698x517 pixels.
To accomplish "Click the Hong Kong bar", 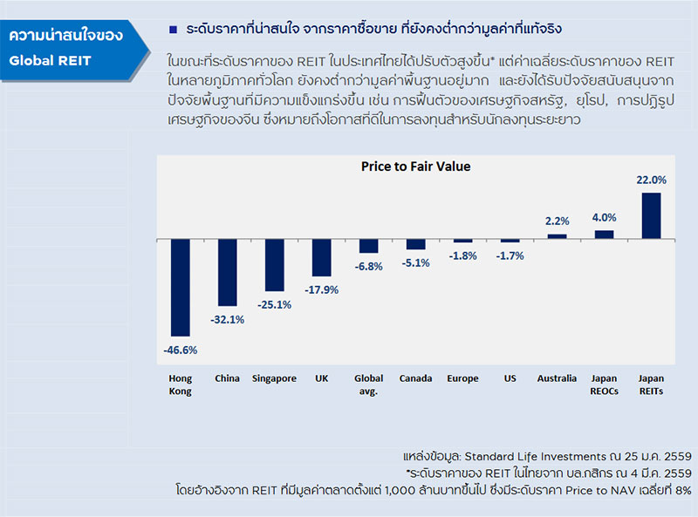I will (180, 287).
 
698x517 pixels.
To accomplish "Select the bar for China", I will (227, 272).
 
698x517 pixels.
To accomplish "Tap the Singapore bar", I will (274, 265).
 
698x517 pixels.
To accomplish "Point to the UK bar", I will (321, 258).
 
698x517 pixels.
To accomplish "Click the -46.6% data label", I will (180, 350).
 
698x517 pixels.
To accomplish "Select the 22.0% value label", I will (651, 180).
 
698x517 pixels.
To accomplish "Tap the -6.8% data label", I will (368, 266).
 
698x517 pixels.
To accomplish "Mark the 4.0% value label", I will (604, 217).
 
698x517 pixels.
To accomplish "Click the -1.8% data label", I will (462, 255).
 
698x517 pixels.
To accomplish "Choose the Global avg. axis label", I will (368, 384).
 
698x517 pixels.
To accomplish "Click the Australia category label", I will (557, 378).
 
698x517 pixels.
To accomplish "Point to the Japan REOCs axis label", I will (604, 384).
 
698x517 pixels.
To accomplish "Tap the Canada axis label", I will (415, 378).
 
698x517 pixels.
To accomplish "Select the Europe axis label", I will (462, 378).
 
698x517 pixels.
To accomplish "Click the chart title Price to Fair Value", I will (415, 167).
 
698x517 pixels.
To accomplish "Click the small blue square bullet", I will (174, 30).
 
